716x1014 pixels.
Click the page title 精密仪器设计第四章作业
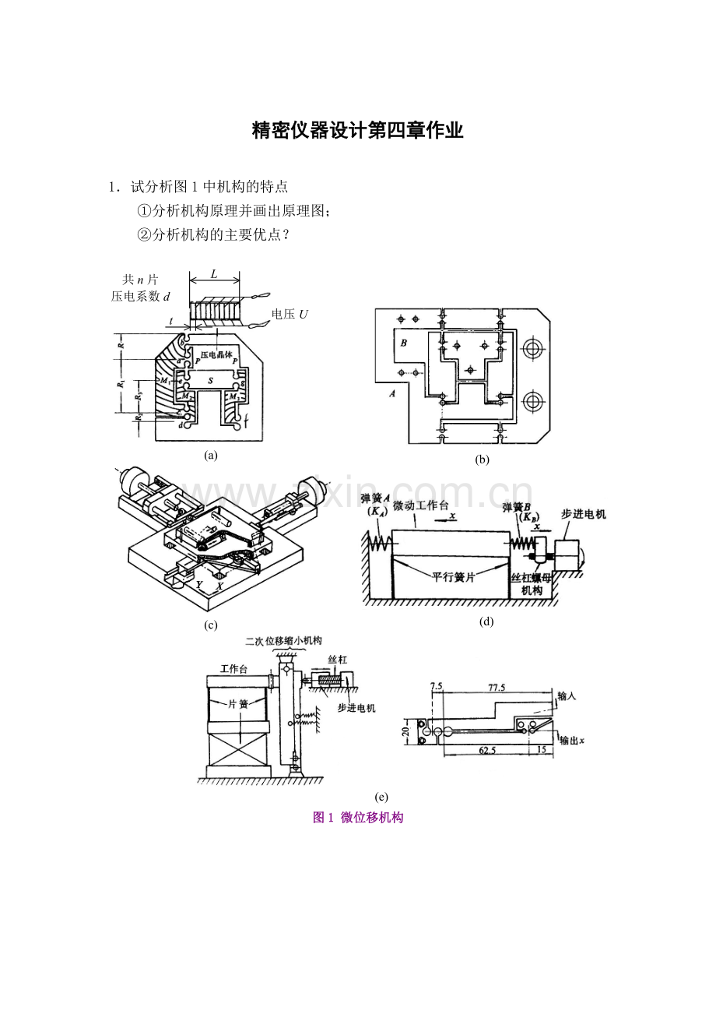[x=357, y=131]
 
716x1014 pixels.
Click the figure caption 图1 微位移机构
[x=357, y=817]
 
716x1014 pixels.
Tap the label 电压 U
[x=290, y=314]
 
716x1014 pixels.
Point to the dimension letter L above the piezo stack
[x=214, y=276]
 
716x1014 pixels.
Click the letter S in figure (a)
[x=210, y=381]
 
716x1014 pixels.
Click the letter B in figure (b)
[x=403, y=342]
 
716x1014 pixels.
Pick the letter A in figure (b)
[x=391, y=393]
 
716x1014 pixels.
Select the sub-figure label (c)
[x=210, y=625]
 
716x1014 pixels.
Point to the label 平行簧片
[x=455, y=579]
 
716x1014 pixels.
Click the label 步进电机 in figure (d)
[x=583, y=514]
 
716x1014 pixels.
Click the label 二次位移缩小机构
[x=287, y=641]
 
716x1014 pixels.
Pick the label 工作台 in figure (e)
[x=234, y=668]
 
